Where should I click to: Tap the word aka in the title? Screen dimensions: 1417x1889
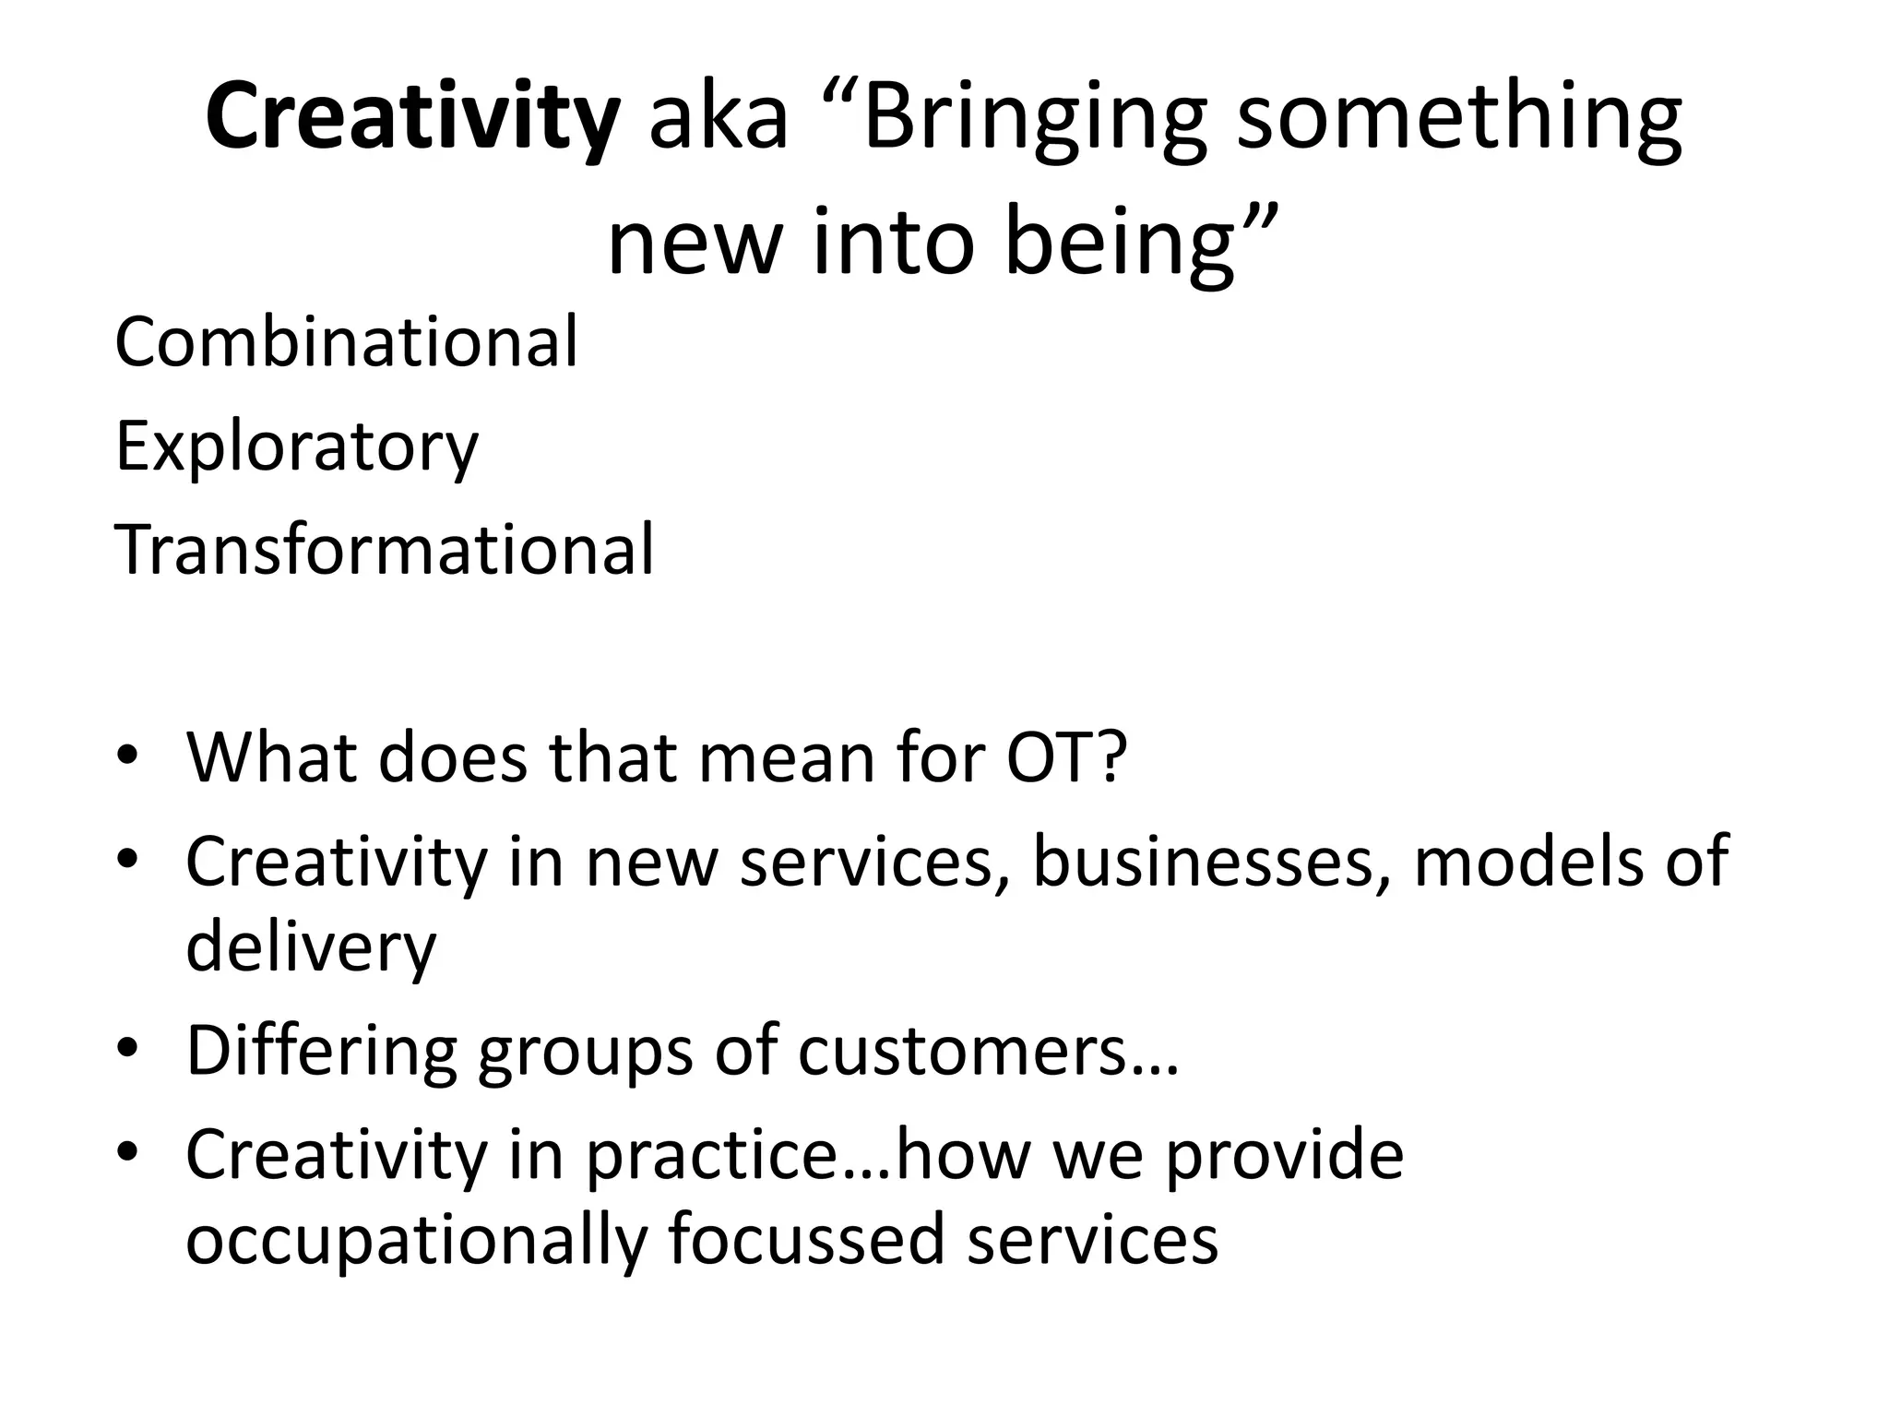tap(719, 119)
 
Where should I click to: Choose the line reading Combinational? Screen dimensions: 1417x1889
tap(346, 342)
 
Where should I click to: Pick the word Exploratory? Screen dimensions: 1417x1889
tap(296, 447)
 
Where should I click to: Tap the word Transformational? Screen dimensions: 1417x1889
tap(384, 550)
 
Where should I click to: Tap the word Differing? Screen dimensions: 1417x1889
tap(321, 1052)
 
